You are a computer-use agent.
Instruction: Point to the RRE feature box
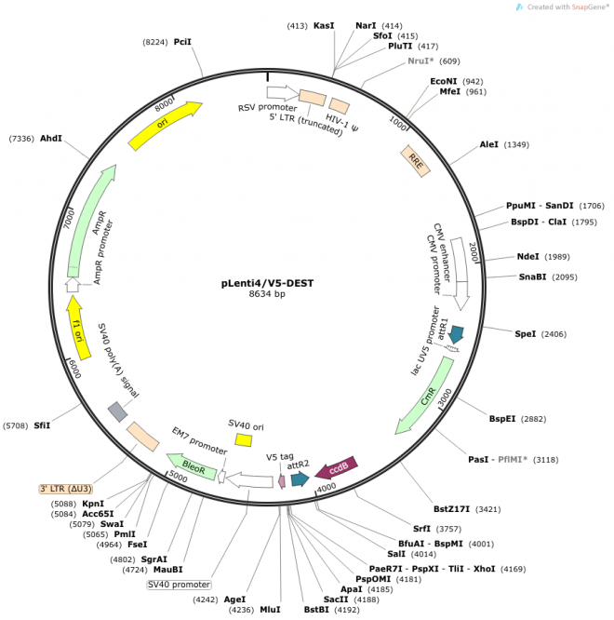[416, 160]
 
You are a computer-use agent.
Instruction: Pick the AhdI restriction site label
[51, 139]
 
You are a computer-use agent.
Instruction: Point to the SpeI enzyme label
[526, 333]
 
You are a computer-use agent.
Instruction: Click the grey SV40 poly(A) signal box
[118, 411]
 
